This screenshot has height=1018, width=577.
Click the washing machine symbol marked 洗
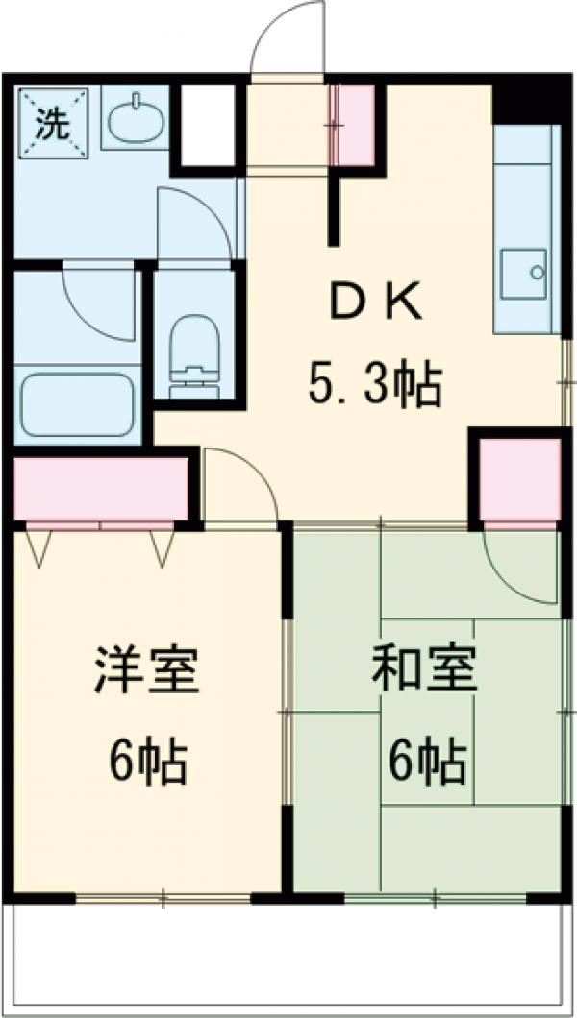pyautogui.click(x=51, y=121)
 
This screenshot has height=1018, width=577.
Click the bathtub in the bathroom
pyautogui.click(x=77, y=401)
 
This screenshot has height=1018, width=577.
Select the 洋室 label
pyautogui.click(x=147, y=671)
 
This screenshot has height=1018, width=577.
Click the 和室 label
pyautogui.click(x=424, y=671)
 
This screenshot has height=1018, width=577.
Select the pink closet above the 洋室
pyautogui.click(x=101, y=489)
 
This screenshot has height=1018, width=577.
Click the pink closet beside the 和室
pyautogui.click(x=519, y=481)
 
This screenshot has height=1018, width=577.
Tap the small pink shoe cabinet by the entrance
pyautogui.click(x=358, y=124)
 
